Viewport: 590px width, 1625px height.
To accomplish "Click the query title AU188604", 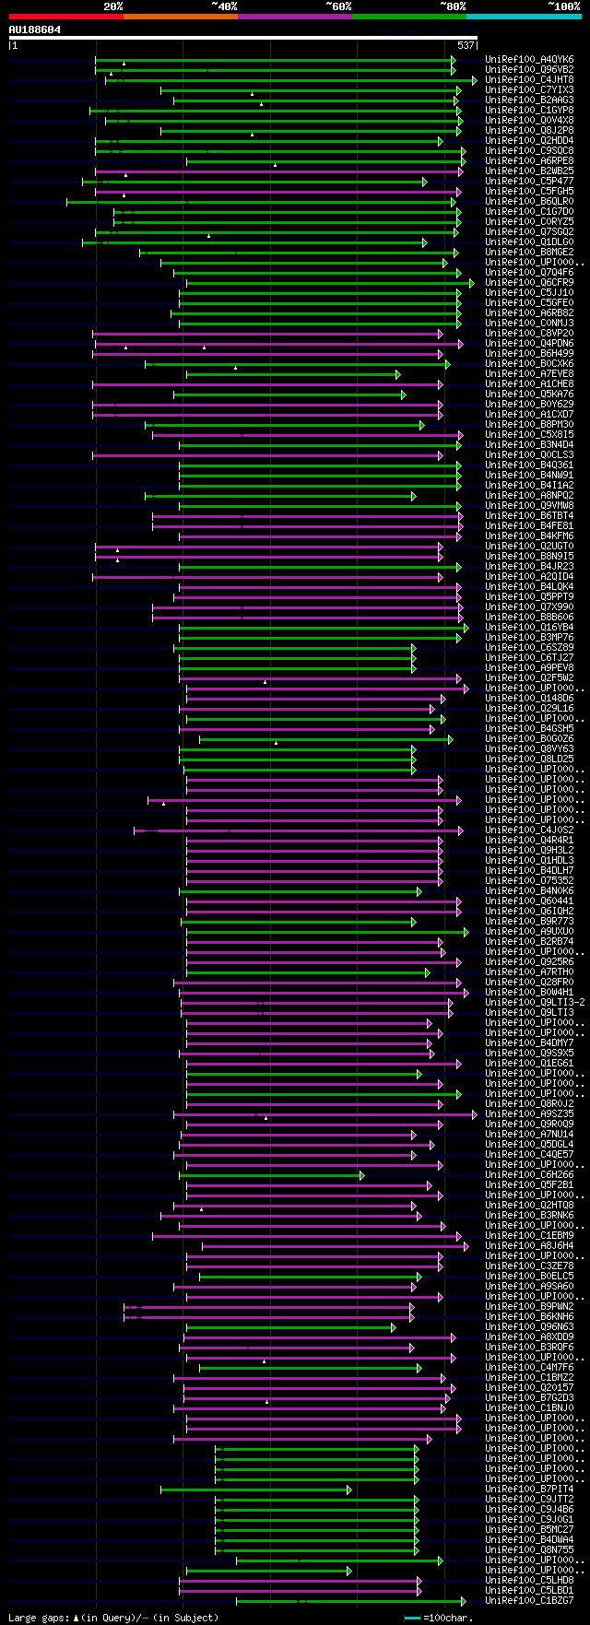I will point(35,29).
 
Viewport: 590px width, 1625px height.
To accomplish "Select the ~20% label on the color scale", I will point(112,6).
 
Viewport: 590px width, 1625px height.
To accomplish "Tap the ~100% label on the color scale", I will point(563,6).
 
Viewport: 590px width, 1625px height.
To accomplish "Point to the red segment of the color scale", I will point(65,16).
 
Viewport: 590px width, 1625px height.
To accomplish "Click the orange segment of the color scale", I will point(180,16).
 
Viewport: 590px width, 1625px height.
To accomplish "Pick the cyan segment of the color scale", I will point(524,16).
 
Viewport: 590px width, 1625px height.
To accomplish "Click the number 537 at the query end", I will point(466,45).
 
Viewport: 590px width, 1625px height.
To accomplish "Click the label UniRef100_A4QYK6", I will point(529,59).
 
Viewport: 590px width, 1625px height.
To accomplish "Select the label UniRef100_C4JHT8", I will point(529,79).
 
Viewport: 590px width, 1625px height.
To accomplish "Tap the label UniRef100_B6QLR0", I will point(529,201).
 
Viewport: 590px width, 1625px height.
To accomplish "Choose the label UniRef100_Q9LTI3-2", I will point(535,1002).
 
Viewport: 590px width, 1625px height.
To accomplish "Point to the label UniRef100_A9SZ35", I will point(529,1113).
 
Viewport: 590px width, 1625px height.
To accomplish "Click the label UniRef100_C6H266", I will point(529,1174).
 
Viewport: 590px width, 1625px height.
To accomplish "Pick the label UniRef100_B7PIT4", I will point(529,1489).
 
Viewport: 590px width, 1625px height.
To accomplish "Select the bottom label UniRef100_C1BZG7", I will point(529,1600).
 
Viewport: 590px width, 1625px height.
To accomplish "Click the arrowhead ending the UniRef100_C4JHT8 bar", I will point(475,80).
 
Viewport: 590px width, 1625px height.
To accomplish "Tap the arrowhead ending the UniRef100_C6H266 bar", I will point(362,1175).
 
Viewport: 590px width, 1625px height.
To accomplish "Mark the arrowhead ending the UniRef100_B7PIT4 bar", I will point(349,1490).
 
